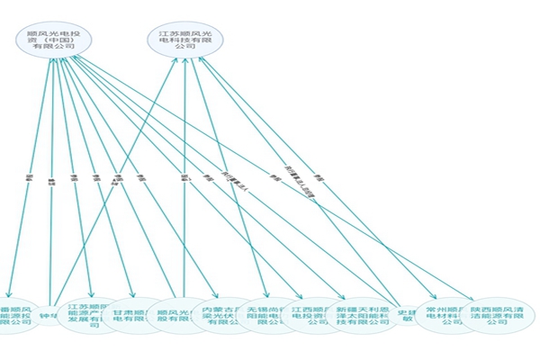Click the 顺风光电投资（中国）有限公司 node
point(52,41)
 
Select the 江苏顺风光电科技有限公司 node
point(184,40)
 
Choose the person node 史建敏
point(407,313)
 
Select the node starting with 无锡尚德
point(268,315)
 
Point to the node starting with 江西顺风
point(310,315)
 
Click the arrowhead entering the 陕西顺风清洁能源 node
point(471,297)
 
